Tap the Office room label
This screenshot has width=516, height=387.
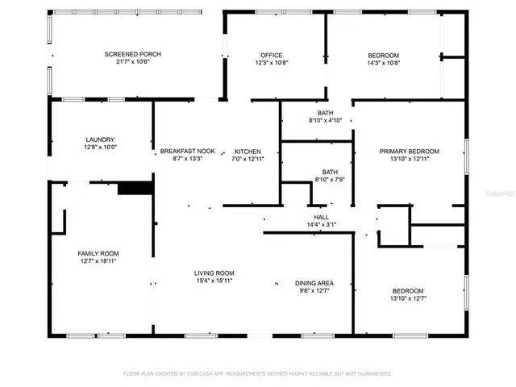point(270,54)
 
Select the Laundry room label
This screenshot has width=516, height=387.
point(100,139)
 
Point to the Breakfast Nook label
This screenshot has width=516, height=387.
point(187,151)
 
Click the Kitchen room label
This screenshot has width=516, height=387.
point(248,151)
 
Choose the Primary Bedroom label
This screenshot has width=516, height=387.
point(410,151)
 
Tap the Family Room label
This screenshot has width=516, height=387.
point(98,253)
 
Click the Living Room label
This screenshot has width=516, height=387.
point(214,273)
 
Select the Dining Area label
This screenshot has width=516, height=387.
point(314,283)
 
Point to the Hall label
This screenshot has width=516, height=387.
point(321,217)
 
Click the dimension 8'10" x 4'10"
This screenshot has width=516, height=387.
point(326,120)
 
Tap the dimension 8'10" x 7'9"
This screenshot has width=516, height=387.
point(330,179)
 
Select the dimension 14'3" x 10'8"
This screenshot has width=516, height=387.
point(384,62)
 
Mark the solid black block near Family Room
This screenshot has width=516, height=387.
point(135,188)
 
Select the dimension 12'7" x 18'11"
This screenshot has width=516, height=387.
point(98,261)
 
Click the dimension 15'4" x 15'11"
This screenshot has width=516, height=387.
point(214,281)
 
